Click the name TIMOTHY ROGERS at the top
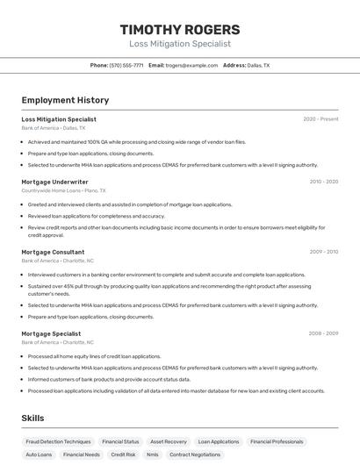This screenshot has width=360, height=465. tap(180, 29)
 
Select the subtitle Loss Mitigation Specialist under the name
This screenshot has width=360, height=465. tap(180, 43)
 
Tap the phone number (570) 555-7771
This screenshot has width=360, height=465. tap(126, 65)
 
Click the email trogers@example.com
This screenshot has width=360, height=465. tap(191, 65)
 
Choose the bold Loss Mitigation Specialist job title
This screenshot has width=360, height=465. tap(59, 119)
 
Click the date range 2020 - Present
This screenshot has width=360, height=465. tap(320, 119)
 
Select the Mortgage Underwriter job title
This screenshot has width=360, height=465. tap(54, 182)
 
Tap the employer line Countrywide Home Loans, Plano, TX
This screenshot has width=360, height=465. tap(63, 190)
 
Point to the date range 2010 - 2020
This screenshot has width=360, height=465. tap(323, 182)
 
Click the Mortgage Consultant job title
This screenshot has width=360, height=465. tap(53, 252)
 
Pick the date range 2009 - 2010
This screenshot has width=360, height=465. tap(323, 252)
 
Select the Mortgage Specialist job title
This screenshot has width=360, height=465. tap(51, 333)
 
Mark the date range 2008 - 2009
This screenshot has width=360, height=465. tap(323, 333)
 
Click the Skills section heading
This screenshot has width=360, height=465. tap(33, 418)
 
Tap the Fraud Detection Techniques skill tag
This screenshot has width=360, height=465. tap(58, 441)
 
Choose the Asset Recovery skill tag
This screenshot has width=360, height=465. tap(169, 441)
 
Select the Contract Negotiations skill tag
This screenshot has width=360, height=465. tap(195, 454)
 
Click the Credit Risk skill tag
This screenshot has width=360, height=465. tap(124, 454)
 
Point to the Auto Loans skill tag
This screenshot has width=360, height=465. tap(39, 454)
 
